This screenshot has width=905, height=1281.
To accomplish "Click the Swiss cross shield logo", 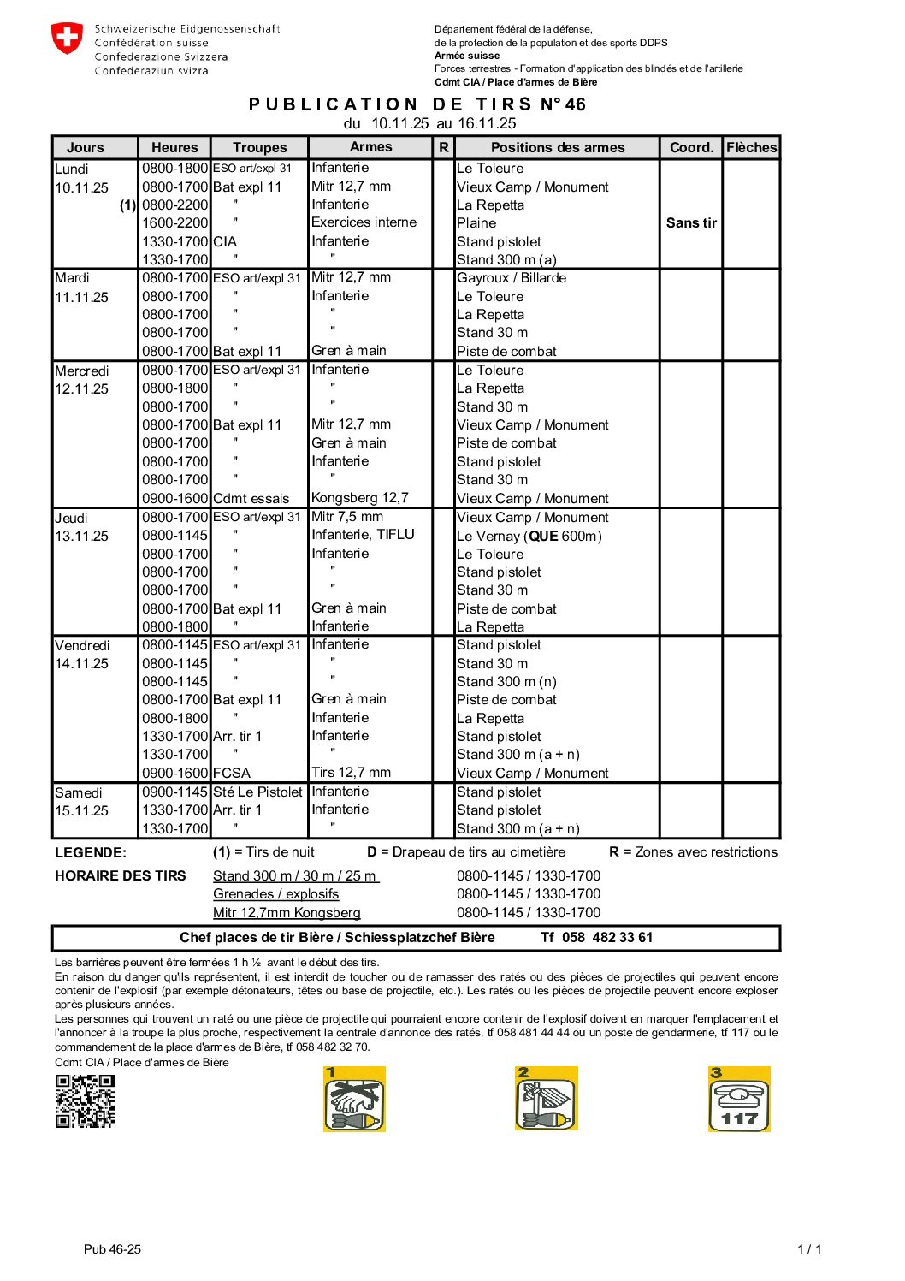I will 67,39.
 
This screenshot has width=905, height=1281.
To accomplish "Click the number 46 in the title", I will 575,104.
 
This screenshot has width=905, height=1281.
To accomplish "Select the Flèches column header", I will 751,147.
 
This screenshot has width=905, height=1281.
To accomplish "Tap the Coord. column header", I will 691,147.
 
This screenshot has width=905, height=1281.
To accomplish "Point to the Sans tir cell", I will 691,223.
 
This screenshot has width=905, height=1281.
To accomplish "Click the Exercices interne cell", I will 364,222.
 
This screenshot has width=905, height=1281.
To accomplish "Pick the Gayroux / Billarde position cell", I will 511,278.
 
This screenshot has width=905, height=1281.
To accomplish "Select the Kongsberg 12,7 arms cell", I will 359,498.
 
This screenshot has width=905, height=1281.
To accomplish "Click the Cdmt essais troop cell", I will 251,499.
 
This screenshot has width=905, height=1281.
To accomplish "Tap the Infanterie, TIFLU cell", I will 363,535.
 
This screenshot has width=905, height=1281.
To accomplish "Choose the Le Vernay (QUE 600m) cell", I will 529,537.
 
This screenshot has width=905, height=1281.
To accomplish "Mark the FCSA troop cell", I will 231,774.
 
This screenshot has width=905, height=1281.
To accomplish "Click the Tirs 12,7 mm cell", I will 351,773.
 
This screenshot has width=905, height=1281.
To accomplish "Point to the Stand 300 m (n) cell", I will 506,682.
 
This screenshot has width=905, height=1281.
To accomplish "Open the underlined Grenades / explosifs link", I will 275,894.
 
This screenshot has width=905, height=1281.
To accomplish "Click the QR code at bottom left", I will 86,1101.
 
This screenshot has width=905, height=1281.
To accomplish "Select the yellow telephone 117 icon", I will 739,1100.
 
